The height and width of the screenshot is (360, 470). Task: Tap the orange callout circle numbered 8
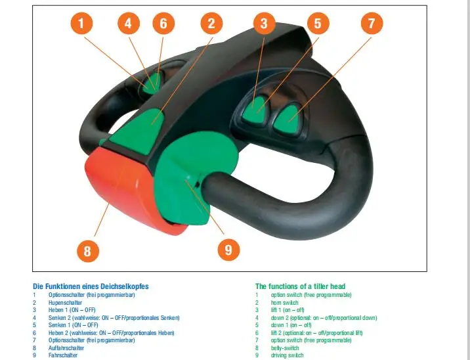(87, 250)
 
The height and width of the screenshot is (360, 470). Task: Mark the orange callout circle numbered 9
(228, 250)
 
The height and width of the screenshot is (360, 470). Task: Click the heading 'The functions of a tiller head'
(300, 286)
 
